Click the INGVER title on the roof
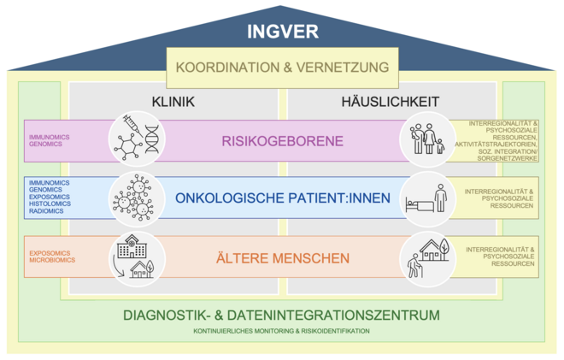(282, 32)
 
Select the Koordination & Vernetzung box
(282, 67)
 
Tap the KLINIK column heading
(173, 102)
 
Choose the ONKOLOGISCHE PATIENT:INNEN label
(283, 198)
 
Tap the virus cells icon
(138, 198)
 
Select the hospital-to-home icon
(138, 257)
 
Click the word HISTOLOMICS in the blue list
(50, 204)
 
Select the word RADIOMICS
(46, 211)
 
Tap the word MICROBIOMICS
(51, 261)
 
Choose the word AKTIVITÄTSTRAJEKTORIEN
(496, 145)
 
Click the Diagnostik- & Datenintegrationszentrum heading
(282, 316)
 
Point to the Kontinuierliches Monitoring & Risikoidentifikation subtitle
(282, 331)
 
